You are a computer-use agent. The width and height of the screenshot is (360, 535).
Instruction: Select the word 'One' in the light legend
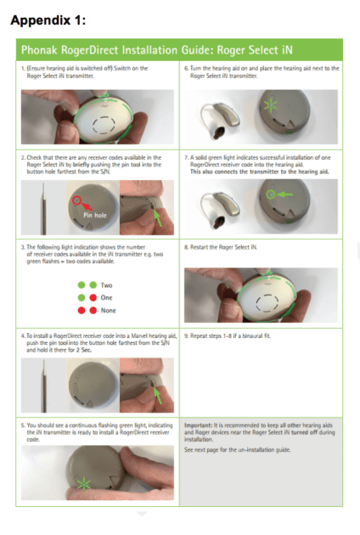coord(106,298)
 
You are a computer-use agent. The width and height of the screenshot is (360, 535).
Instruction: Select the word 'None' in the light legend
coord(108,312)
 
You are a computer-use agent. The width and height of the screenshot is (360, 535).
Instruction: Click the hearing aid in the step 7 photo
coord(219,205)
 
